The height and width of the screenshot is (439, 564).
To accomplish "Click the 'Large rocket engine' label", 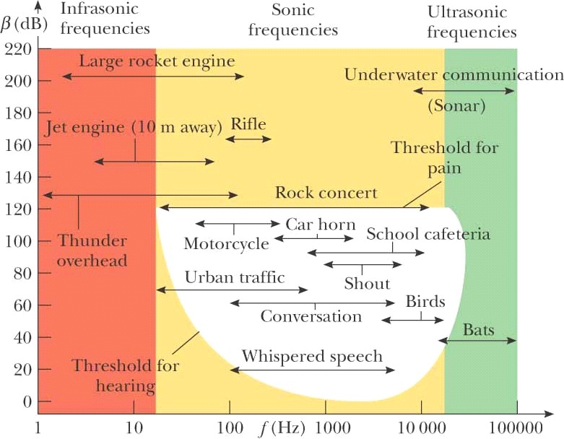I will (157, 61).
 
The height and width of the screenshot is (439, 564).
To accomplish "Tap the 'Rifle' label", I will (248, 123).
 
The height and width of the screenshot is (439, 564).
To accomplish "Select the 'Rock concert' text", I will (326, 194).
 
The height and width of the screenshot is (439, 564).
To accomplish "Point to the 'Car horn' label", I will (320, 225).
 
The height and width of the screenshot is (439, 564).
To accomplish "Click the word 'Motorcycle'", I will (226, 243).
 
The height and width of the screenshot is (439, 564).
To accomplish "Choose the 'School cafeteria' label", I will (428, 234).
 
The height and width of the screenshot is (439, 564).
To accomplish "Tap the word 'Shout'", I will (367, 284).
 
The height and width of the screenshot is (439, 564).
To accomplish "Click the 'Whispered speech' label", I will (312, 357).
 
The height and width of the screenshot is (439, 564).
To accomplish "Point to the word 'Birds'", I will (425, 301).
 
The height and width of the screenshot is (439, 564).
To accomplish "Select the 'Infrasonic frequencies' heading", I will (105, 20).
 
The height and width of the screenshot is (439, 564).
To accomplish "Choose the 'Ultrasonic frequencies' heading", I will (472, 22).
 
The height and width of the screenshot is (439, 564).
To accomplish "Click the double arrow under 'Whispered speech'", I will (313, 370).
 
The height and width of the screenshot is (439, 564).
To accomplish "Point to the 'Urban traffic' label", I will (235, 277).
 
